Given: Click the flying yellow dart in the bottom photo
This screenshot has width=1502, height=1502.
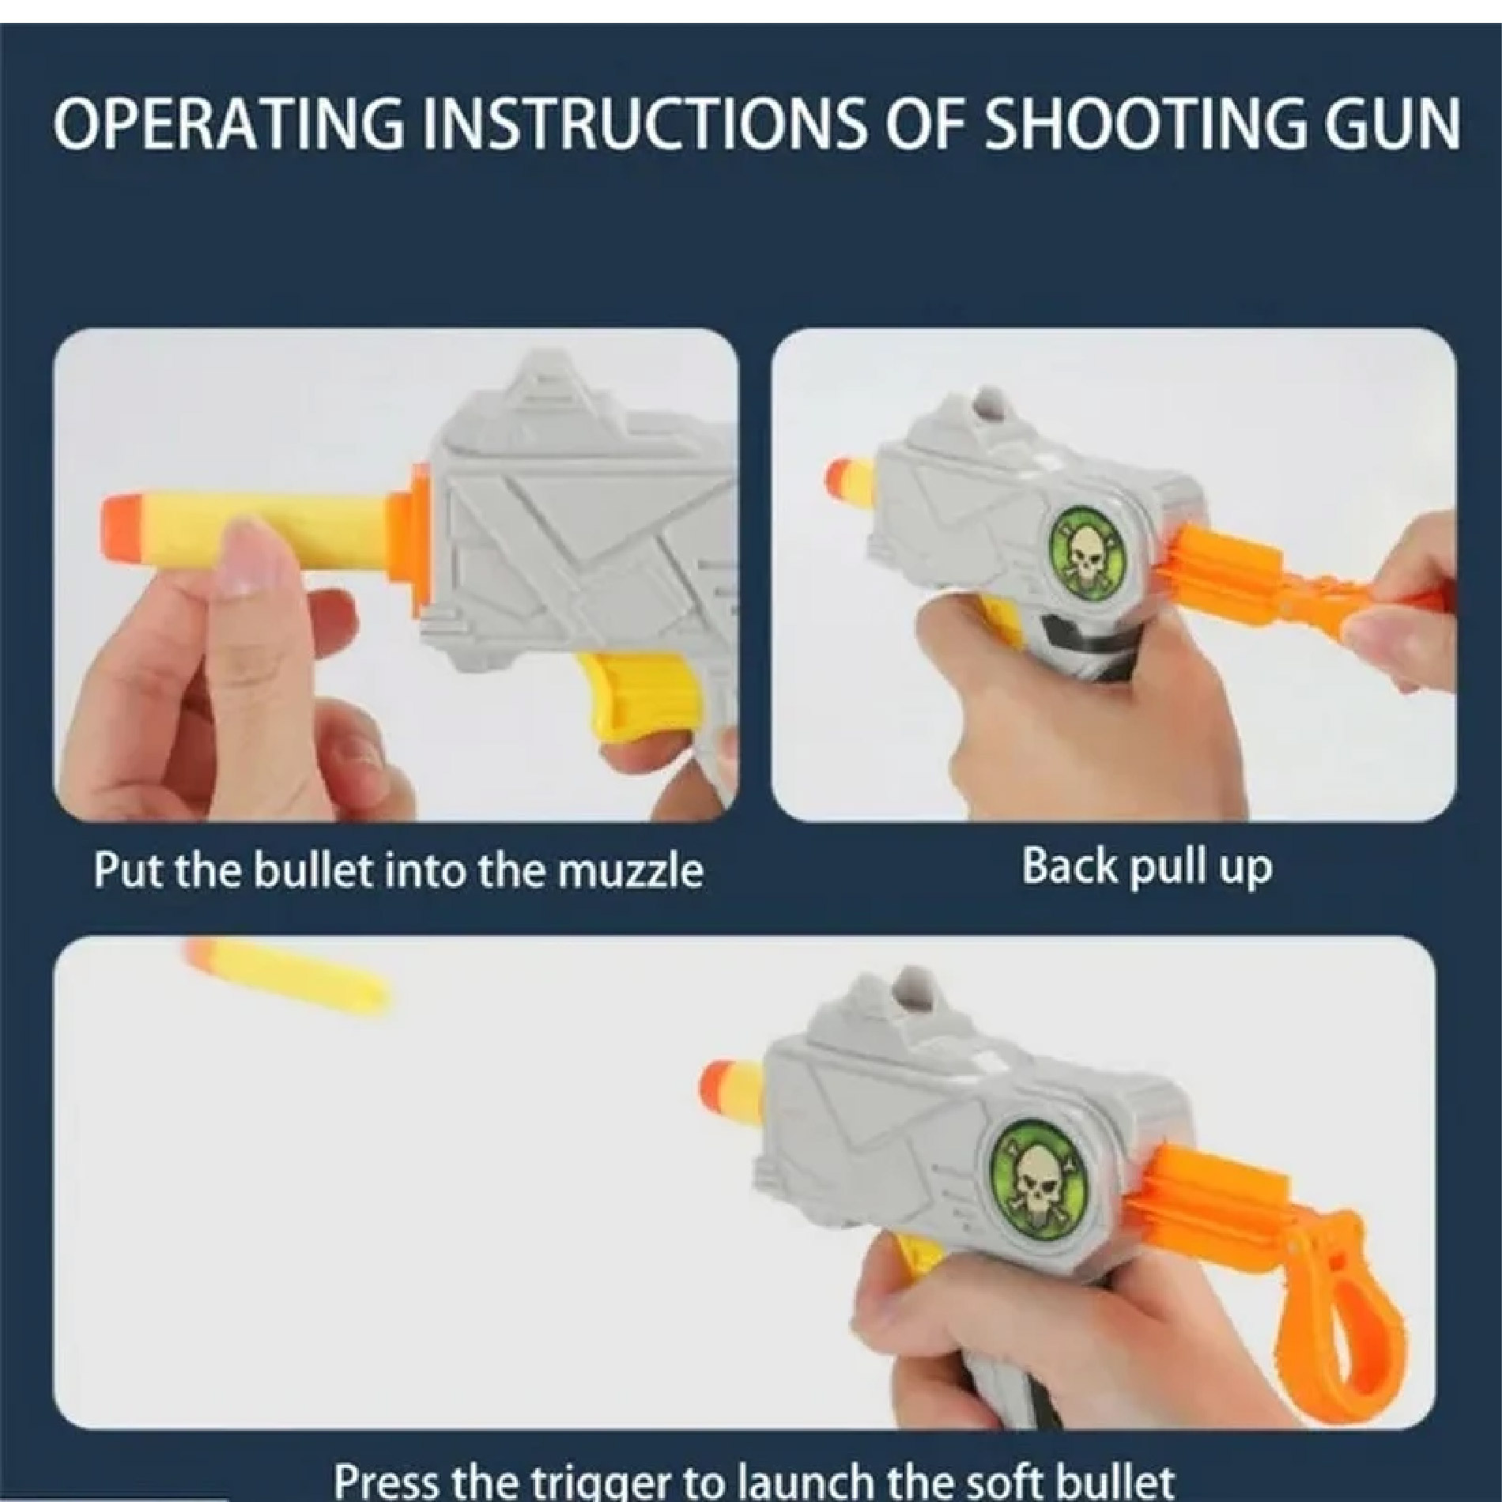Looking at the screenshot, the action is (290, 972).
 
